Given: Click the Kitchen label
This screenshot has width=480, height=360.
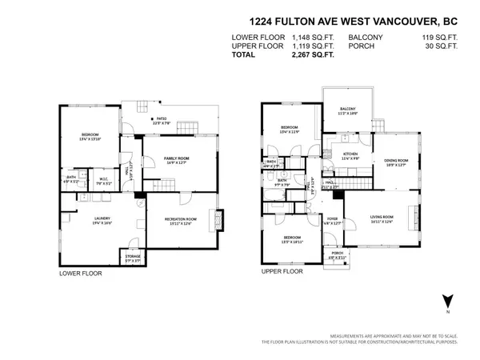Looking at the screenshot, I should [350, 154].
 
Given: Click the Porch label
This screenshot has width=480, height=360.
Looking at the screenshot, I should [338, 256].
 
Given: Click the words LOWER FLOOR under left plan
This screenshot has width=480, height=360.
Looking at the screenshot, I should [80, 273].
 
